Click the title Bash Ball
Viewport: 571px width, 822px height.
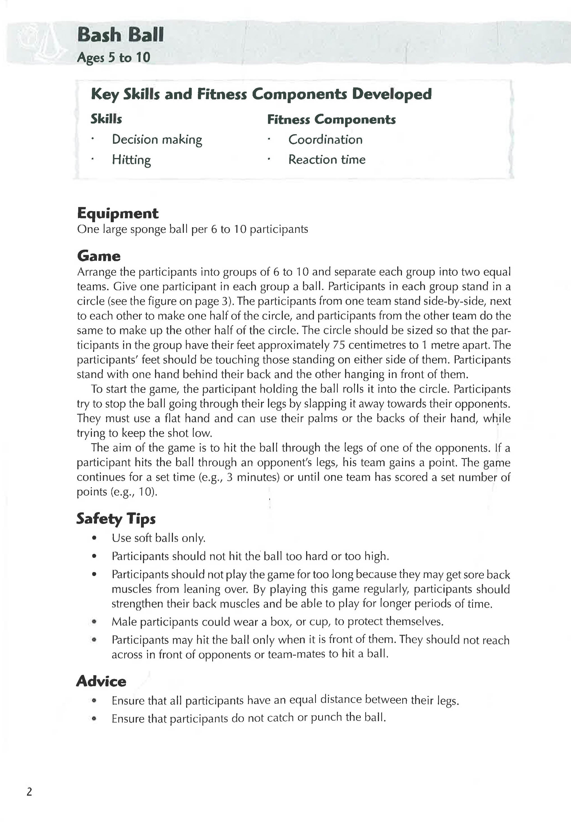point(120,35)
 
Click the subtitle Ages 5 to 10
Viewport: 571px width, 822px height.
point(114,57)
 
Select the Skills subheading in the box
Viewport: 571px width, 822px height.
point(106,119)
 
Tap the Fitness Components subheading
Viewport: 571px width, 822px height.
point(331,119)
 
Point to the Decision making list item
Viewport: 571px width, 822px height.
point(157,140)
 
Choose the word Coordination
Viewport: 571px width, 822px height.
point(325,140)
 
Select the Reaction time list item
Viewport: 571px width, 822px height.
point(327,159)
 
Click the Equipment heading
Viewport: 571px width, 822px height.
point(117,213)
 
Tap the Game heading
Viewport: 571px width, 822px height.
point(99,256)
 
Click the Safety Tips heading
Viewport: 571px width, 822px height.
point(116,519)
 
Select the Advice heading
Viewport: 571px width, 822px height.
point(101,681)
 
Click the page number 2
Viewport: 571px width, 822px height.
point(29,792)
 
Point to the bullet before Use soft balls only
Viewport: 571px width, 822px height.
point(94,538)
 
